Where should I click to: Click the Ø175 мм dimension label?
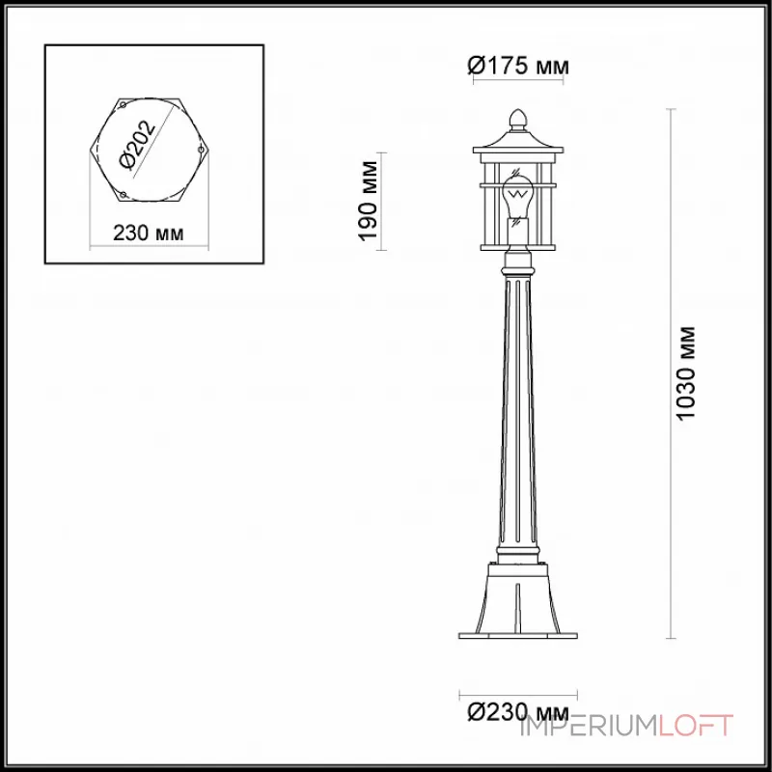(518, 67)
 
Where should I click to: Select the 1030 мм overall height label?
(686, 374)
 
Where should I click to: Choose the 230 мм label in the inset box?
(148, 234)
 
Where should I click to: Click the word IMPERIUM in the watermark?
(590, 726)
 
